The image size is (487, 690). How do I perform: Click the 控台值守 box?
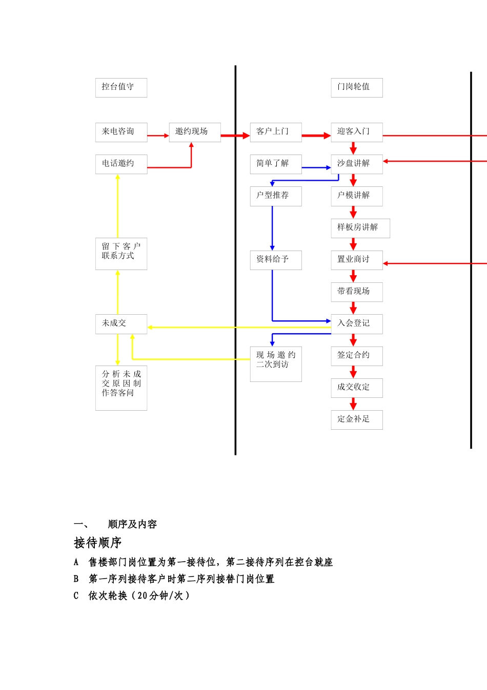121,87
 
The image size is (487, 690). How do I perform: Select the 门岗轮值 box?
356,87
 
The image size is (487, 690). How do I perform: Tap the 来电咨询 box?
121,132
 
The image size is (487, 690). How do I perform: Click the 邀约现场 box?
195,132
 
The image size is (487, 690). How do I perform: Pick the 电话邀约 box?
121,164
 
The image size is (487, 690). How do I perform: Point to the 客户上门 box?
276,132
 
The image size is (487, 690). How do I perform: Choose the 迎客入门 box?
356,132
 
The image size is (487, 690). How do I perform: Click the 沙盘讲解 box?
356,164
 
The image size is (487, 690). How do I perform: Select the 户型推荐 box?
276,196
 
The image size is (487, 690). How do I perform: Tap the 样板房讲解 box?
360,228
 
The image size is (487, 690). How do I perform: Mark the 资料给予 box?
276,260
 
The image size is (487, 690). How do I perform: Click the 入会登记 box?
356,324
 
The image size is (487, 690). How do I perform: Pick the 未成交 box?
121,324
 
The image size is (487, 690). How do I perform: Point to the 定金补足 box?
356,419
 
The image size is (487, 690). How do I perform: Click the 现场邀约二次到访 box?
276,364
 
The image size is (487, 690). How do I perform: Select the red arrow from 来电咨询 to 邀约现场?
158,136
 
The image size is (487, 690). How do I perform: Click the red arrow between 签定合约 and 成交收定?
353,372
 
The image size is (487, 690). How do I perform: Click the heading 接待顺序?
97,543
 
